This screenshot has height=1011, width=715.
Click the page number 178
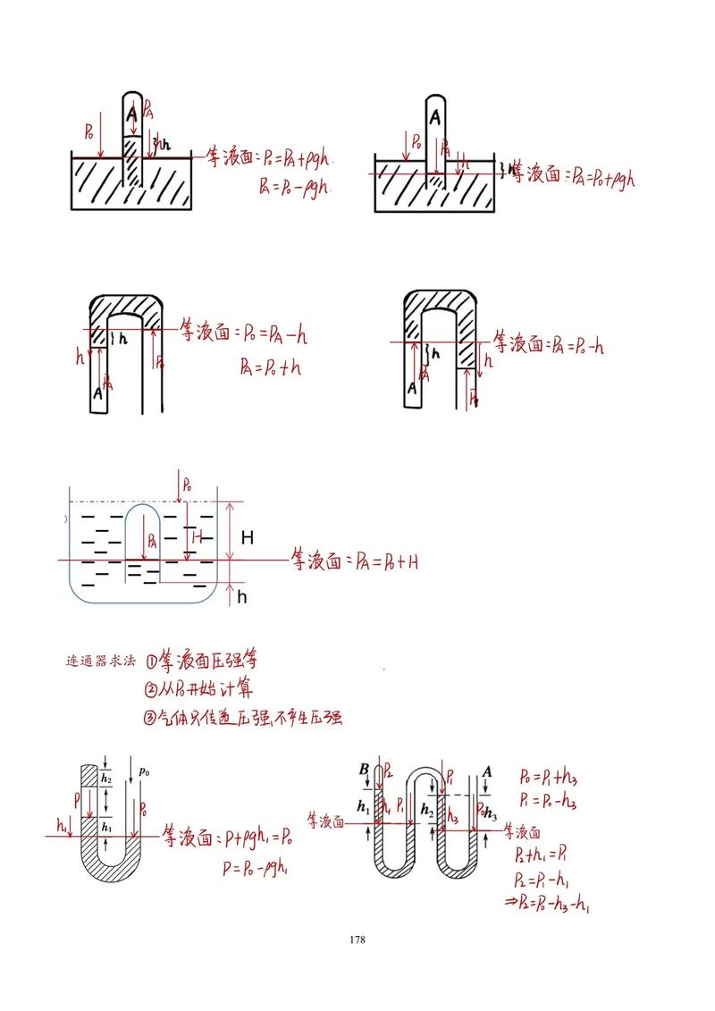point(357,939)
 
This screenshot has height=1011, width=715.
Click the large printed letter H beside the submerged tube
point(248,537)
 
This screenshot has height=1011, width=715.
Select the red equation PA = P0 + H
point(386,561)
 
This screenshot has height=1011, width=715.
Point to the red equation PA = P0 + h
point(271,366)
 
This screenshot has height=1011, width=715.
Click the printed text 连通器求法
point(101,662)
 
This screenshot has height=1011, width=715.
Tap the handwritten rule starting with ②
point(198,689)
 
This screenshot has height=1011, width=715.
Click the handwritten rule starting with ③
point(242,717)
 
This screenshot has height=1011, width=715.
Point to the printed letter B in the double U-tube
point(364,771)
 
